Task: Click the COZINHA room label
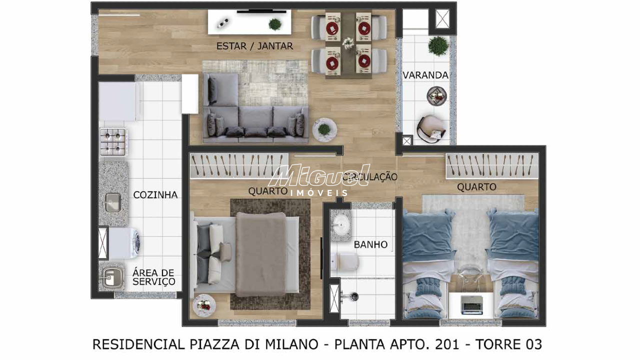[x=155, y=195]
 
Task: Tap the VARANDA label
[x=425, y=75]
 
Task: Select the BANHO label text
[x=370, y=244]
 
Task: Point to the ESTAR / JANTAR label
[x=254, y=46]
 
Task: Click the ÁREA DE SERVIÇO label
[x=153, y=277]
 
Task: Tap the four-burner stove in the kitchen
[x=113, y=142]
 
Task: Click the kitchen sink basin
[x=113, y=202]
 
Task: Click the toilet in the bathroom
[x=344, y=261]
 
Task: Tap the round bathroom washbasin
[x=340, y=224]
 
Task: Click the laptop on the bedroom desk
[x=471, y=304]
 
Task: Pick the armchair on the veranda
[x=431, y=129]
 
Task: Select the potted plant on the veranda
[x=438, y=45]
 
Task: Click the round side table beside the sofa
[x=324, y=129]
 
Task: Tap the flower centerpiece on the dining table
[x=348, y=43]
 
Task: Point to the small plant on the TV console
[x=275, y=24]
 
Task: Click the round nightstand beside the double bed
[x=204, y=305]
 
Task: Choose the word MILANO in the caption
[x=291, y=344]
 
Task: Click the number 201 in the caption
[x=447, y=344]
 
